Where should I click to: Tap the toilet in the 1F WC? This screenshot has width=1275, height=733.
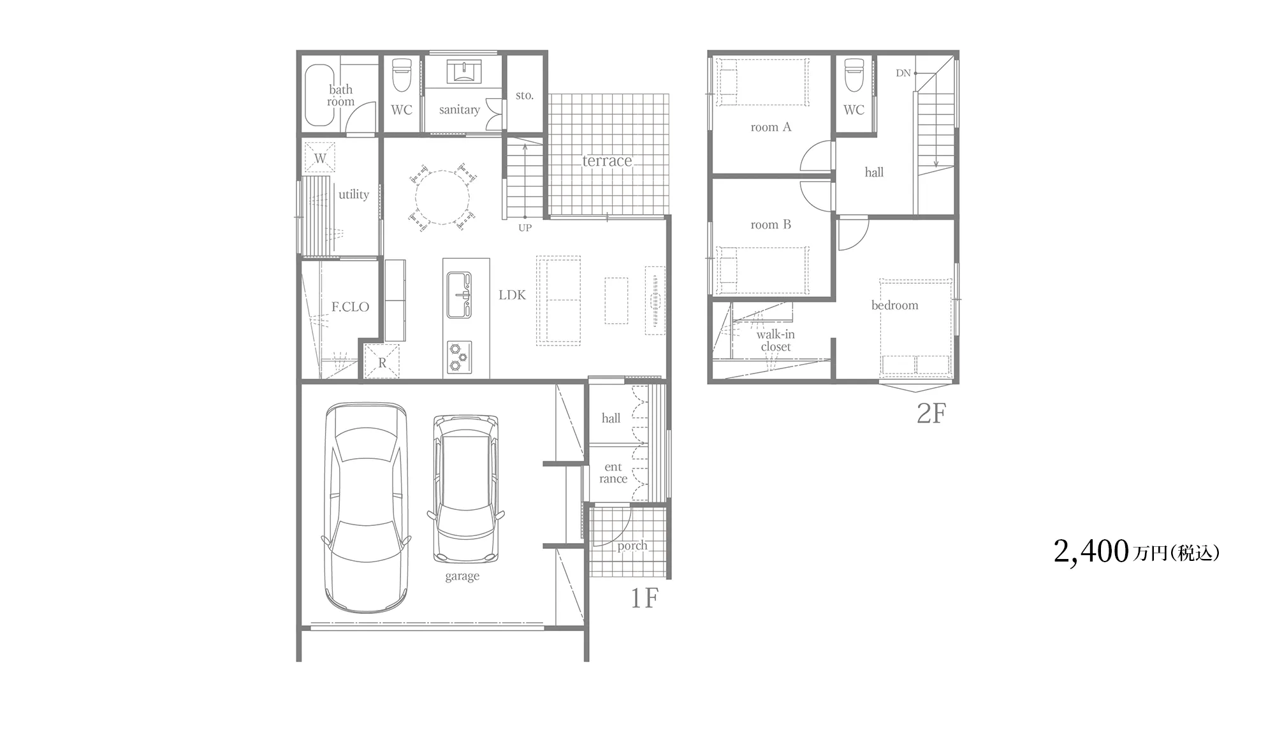402,75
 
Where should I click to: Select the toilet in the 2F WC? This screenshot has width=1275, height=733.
854,75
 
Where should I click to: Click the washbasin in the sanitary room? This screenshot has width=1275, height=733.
463,71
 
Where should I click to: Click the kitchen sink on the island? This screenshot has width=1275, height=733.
459,295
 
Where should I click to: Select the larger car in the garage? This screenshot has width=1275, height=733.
366,507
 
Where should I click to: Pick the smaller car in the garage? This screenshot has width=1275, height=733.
466,489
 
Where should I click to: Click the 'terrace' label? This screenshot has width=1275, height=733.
607,161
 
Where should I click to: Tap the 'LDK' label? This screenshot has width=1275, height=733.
513,295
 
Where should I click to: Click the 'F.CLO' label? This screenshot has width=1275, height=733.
350,307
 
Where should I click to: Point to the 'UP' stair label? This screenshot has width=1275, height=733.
525,228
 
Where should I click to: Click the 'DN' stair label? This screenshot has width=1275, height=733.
903,73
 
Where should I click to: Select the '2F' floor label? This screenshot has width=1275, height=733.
931,414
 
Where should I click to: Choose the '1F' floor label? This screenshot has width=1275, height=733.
644,598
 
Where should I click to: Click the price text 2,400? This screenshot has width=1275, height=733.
1091,551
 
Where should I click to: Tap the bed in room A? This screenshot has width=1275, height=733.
762,82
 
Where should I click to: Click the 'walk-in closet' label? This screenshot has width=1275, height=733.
776,340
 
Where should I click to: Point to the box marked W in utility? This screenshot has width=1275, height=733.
320,157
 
